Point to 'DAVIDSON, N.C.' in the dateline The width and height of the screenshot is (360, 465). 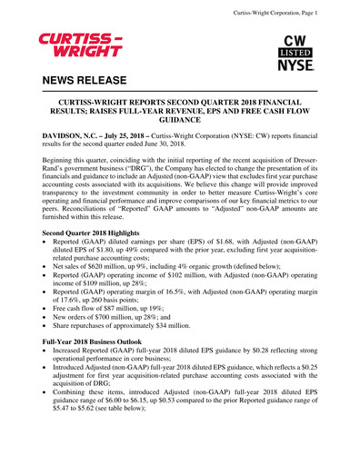[75, 135]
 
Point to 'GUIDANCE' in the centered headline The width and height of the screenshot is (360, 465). [179, 118]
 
